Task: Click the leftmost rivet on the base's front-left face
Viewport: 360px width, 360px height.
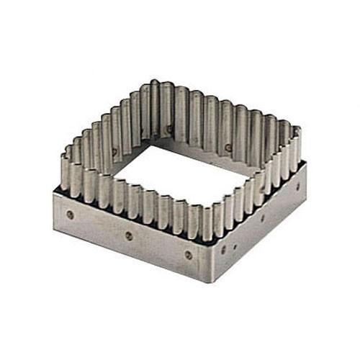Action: pyautogui.click(x=70, y=215)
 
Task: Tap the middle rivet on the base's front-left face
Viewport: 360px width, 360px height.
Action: pyautogui.click(x=129, y=235)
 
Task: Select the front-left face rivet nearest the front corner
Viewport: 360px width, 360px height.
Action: pyautogui.click(x=189, y=254)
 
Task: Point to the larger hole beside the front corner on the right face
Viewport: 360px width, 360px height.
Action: pyautogui.click(x=222, y=250)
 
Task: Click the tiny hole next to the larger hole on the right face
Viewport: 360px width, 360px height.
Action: pyautogui.click(x=234, y=246)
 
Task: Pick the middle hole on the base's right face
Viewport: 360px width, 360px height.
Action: pyautogui.click(x=262, y=217)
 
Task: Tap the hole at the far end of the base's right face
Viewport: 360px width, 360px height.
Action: pyautogui.click(x=297, y=186)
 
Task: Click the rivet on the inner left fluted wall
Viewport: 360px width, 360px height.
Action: pyautogui.click(x=114, y=151)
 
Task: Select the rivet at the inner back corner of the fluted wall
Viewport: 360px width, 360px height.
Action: pyautogui.click(x=170, y=129)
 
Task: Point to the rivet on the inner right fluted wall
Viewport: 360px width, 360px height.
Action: pyautogui.click(x=228, y=147)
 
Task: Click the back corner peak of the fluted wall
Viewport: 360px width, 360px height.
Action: pyautogui.click(x=155, y=85)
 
